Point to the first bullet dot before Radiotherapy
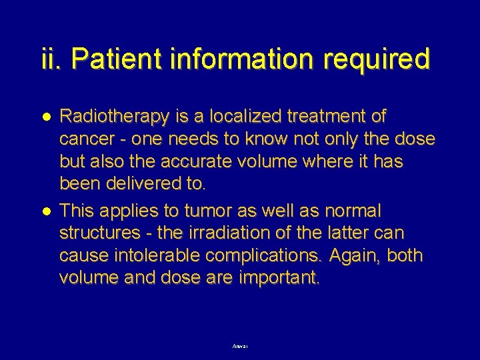click(x=46, y=117)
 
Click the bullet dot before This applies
click(x=46, y=211)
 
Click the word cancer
click(x=84, y=139)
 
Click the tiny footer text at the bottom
click(x=239, y=346)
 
